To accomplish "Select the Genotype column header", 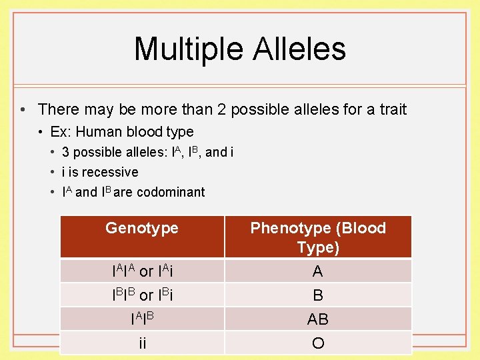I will (x=142, y=228).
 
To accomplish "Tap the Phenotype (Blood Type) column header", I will (x=318, y=237).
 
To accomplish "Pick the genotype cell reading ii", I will (x=142, y=343).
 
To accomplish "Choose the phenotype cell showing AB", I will (x=318, y=319).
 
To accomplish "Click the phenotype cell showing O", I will (x=318, y=343).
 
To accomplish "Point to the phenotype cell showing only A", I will (x=318, y=271).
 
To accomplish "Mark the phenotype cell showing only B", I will (x=318, y=295).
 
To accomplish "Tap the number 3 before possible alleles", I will (x=65, y=152).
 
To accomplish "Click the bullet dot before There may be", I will (x=23, y=109).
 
